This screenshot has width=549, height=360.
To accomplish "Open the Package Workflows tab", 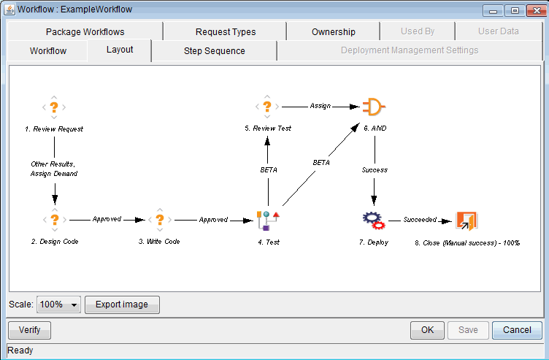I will [x=85, y=31].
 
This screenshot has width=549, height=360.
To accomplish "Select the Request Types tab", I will [x=226, y=31].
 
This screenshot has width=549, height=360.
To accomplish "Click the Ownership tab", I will [x=333, y=31].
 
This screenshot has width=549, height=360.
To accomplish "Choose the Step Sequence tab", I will [x=214, y=50].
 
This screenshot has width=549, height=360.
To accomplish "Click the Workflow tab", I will [x=48, y=50].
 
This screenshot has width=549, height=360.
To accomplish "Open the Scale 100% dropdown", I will [x=58, y=305].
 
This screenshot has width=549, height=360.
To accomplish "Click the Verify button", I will [x=29, y=330].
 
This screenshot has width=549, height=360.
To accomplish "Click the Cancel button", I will [x=517, y=330].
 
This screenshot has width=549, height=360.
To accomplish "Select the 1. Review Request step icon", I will [x=54, y=107].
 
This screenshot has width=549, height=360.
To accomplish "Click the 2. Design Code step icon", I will [x=54, y=219].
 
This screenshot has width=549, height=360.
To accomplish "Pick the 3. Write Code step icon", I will [x=160, y=219].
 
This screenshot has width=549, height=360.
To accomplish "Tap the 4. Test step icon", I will [x=268, y=219].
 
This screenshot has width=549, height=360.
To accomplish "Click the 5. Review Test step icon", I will [x=267, y=107].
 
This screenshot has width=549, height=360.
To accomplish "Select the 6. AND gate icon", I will [x=374, y=107].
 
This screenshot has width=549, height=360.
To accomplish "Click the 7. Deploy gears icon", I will [x=373, y=219].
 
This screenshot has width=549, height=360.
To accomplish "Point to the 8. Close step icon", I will [x=467, y=220].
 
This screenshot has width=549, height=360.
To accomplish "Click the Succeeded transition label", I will [x=420, y=219].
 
